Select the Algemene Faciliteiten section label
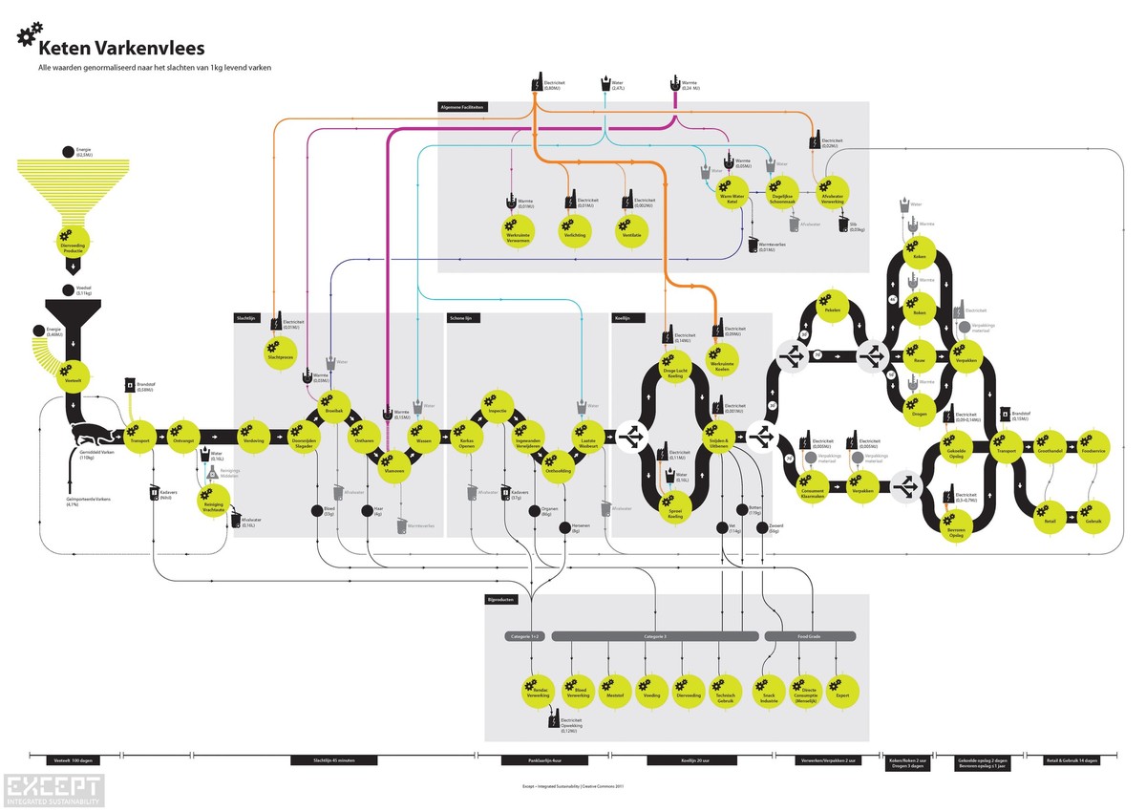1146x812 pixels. tap(463, 107)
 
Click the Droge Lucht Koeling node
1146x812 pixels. tap(674, 370)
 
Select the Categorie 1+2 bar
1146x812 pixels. tap(524, 636)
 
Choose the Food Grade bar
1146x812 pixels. tap(809, 636)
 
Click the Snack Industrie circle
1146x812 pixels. tap(768, 691)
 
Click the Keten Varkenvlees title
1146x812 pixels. tap(121, 47)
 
